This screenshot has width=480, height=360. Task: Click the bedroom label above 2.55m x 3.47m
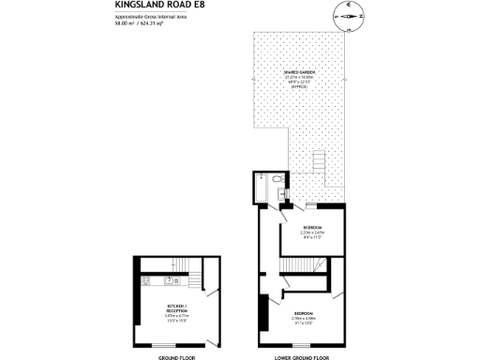(x=311, y=228)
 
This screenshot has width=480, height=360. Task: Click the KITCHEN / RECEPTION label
(x=176, y=308)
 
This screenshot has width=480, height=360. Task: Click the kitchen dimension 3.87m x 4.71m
(x=176, y=317)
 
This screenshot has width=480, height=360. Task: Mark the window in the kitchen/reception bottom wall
(x=177, y=347)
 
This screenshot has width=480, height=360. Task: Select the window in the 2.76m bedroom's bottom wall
(x=302, y=347)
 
